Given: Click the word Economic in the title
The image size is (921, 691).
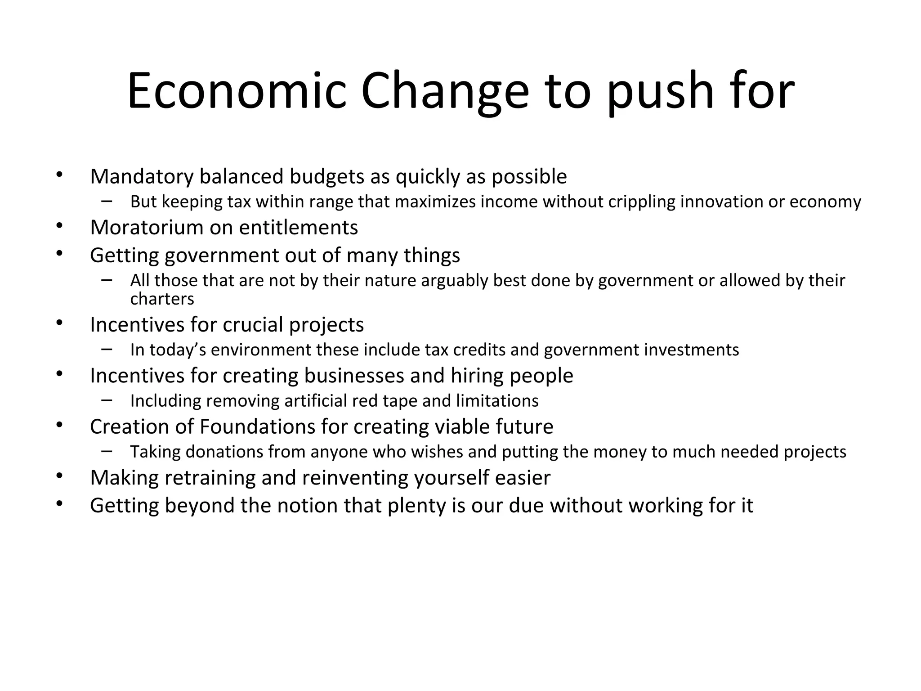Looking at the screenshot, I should (x=237, y=91).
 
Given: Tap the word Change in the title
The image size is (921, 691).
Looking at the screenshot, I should (x=445, y=91).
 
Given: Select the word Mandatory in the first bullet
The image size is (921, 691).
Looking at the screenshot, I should (x=142, y=177).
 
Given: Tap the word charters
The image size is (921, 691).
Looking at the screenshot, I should (x=162, y=299).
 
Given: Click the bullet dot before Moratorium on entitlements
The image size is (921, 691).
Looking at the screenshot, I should (x=59, y=225).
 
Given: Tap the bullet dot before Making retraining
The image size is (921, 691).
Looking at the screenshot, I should (x=59, y=476).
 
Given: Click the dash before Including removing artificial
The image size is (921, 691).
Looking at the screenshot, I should (x=107, y=399).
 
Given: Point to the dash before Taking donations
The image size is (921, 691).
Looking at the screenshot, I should (x=107, y=450).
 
